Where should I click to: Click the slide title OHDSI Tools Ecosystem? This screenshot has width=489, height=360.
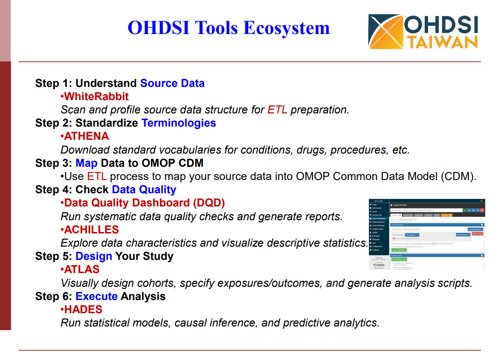click(228, 27)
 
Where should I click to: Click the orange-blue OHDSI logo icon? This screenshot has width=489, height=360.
click(386, 31)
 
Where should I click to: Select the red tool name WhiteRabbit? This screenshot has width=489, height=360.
click(96, 96)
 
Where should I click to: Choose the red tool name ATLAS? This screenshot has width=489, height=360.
click(82, 269)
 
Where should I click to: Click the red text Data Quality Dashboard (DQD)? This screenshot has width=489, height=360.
click(144, 203)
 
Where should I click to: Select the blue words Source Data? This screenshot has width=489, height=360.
click(172, 83)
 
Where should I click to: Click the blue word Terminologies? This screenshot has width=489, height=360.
click(178, 123)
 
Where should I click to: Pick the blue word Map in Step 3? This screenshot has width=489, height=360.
click(86, 163)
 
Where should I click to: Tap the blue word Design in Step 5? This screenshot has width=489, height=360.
click(94, 256)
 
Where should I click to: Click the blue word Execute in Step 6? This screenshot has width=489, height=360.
click(96, 296)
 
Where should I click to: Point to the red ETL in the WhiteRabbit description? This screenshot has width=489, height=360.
click(277, 110)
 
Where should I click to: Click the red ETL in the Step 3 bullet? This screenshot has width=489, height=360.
click(97, 176)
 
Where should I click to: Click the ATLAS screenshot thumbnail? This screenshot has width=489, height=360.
click(426, 234)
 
